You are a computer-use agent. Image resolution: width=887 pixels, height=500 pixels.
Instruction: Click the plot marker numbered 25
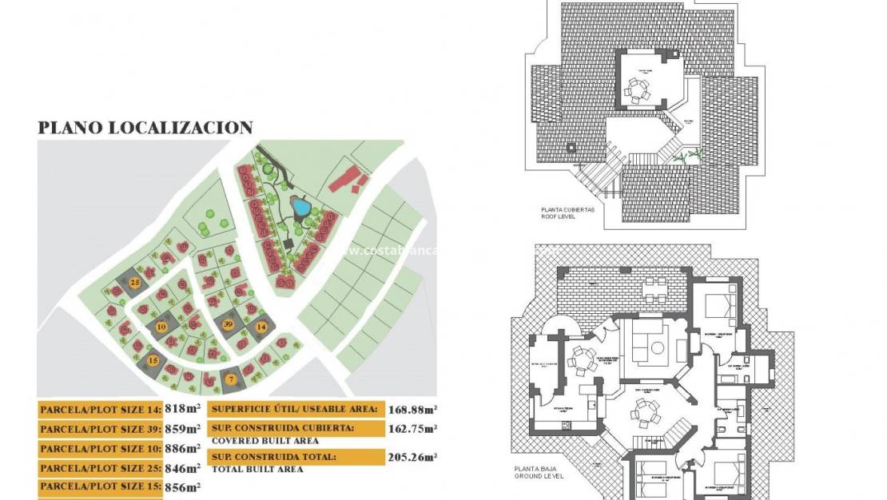coord(135,283)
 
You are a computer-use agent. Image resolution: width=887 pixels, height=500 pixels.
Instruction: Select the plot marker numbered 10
coord(161,326)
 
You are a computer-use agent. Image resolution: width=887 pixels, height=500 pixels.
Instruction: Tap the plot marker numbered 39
coord(228,323)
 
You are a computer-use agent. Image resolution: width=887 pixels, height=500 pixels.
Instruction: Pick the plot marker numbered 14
coord(261,327)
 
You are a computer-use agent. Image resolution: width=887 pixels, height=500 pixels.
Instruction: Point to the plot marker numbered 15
coord(153,361)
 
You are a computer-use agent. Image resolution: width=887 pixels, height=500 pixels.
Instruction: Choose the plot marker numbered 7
coord(231,379)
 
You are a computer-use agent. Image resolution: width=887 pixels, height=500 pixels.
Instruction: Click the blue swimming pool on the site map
coord(301,208)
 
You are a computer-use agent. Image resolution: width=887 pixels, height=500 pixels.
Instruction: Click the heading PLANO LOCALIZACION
coord(145,128)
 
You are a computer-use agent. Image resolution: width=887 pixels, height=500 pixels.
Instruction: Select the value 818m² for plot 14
coord(183,409)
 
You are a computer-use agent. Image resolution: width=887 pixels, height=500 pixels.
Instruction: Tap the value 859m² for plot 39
coord(183,429)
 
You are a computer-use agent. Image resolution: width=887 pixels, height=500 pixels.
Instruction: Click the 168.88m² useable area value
coord(412,409)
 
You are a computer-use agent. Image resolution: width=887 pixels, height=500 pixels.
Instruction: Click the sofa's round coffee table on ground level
coord(658,348)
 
